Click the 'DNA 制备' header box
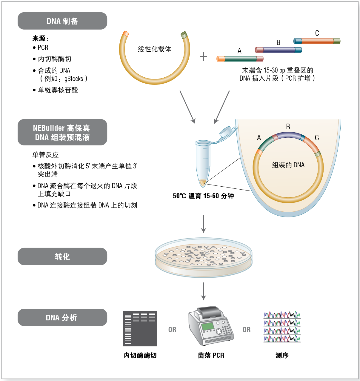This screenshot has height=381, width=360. pos(62,21)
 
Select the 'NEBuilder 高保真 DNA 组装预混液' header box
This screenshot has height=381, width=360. pos(62,132)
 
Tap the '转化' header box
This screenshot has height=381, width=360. pos(62,256)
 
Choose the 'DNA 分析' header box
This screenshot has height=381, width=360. pos(62,317)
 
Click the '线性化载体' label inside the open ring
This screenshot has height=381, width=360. pos(154,49)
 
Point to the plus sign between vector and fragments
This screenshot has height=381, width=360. pos(203,57)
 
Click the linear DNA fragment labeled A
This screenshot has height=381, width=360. pos(240,59)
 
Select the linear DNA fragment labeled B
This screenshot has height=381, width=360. pos(278,50)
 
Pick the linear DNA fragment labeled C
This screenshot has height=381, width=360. pos(317,41)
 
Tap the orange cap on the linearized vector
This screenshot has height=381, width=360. pos(126,34)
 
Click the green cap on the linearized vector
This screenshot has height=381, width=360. pos(184,35)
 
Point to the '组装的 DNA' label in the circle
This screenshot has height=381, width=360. pos(288,165)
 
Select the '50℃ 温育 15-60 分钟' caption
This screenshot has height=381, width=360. pos(203,196)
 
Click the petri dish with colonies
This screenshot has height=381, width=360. pos(204,257)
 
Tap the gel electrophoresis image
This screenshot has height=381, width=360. pos(140,329)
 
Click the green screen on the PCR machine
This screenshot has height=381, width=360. pos(208,327)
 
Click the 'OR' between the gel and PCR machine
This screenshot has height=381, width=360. pos(172,329)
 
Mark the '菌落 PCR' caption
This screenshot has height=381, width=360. pos(211,355)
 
